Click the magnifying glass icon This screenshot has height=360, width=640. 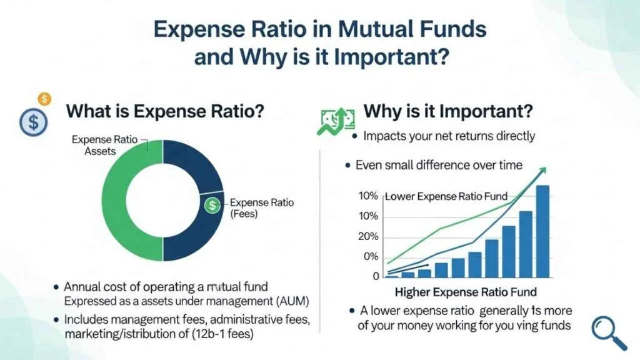pos(609,333)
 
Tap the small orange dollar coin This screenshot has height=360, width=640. pos(44,99)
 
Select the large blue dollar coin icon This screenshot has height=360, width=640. pos(34,122)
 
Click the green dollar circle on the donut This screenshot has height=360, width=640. pos(212,204)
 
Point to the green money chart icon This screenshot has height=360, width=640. pos(336,121)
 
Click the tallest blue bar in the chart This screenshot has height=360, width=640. pos(542,231)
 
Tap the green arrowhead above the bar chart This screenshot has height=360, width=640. pos(542,171)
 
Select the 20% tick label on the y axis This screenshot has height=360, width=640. pos(368,237)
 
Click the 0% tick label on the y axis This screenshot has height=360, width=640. pos(371,257)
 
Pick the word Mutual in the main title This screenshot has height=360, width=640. pos(371,29)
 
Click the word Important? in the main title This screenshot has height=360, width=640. pos(391,56)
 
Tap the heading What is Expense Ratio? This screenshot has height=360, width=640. pos(165,111)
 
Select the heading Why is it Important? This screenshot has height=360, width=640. pos(448,111)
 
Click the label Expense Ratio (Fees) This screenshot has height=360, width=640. pos(262,207)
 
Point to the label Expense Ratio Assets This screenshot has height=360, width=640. pos(104,145)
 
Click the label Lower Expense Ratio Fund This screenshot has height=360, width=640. pos(446,196)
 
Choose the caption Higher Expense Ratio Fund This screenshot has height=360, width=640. pos(466,292)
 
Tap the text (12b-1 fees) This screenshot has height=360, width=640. pos(222,334)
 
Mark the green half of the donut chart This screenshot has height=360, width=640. pos(114,200)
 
